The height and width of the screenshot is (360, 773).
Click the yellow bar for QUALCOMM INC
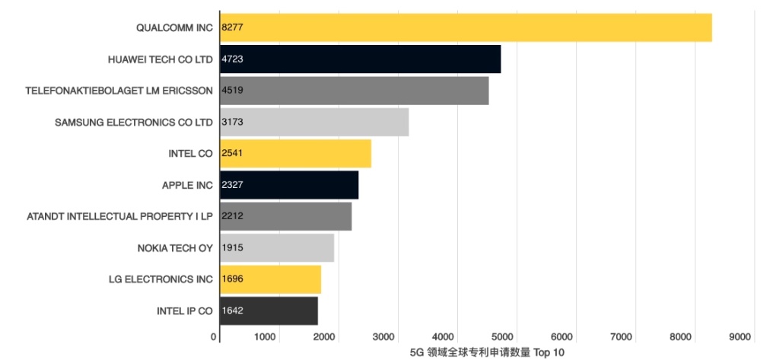tap(466, 27)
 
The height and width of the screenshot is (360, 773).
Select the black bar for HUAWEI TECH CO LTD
tap(361, 59)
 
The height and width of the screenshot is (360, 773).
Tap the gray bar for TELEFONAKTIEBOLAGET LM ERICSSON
tap(355, 91)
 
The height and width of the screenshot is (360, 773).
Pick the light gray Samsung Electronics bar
tap(314, 122)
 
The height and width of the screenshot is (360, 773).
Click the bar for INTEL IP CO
tap(269, 311)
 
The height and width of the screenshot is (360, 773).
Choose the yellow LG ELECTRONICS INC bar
tap(271, 279)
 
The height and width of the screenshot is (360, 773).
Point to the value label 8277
tap(232, 27)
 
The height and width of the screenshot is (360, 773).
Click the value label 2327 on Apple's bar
tap(232, 185)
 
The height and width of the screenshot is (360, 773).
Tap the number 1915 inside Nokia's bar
tap(232, 248)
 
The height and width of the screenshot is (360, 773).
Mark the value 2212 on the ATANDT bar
tap(232, 216)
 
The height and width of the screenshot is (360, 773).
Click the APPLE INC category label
tap(187, 185)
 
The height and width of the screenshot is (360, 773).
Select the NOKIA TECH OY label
tap(175, 248)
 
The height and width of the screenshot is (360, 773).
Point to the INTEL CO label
tap(191, 154)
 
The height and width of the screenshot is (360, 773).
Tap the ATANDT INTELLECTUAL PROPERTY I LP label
tap(119, 216)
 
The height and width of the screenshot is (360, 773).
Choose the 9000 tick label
tap(740, 337)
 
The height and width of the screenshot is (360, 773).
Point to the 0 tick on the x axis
tap(214, 337)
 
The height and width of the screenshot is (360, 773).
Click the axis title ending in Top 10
tap(487, 352)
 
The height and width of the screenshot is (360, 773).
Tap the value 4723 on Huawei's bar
tap(232, 59)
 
